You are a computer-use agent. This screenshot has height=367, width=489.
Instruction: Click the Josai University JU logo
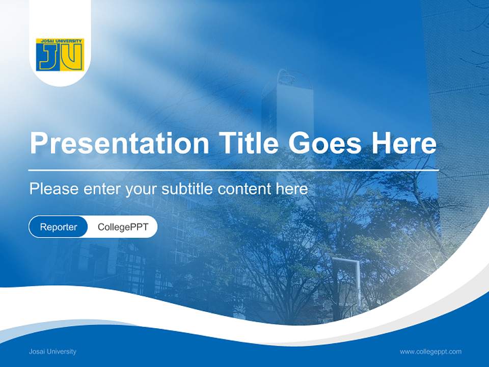click(x=60, y=55)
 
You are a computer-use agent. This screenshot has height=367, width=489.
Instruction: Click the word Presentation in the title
click(x=119, y=143)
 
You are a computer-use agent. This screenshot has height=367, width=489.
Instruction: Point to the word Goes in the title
click(x=324, y=143)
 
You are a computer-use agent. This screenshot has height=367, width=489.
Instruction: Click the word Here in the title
click(x=404, y=143)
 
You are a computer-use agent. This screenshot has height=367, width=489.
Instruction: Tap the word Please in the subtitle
click(x=54, y=189)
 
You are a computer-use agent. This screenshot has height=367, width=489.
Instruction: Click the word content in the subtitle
click(x=244, y=189)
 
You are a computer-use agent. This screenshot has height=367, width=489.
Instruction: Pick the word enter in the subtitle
click(x=102, y=189)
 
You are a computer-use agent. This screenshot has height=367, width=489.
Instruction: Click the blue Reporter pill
click(x=58, y=227)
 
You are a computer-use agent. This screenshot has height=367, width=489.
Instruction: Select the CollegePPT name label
click(x=123, y=227)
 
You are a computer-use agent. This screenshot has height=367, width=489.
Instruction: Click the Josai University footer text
click(x=52, y=351)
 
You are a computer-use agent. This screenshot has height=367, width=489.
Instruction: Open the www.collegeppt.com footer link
click(x=430, y=352)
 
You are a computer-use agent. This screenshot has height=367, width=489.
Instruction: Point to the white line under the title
click(x=233, y=170)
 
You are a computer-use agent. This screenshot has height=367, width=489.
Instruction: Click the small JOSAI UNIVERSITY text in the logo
click(x=61, y=41)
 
